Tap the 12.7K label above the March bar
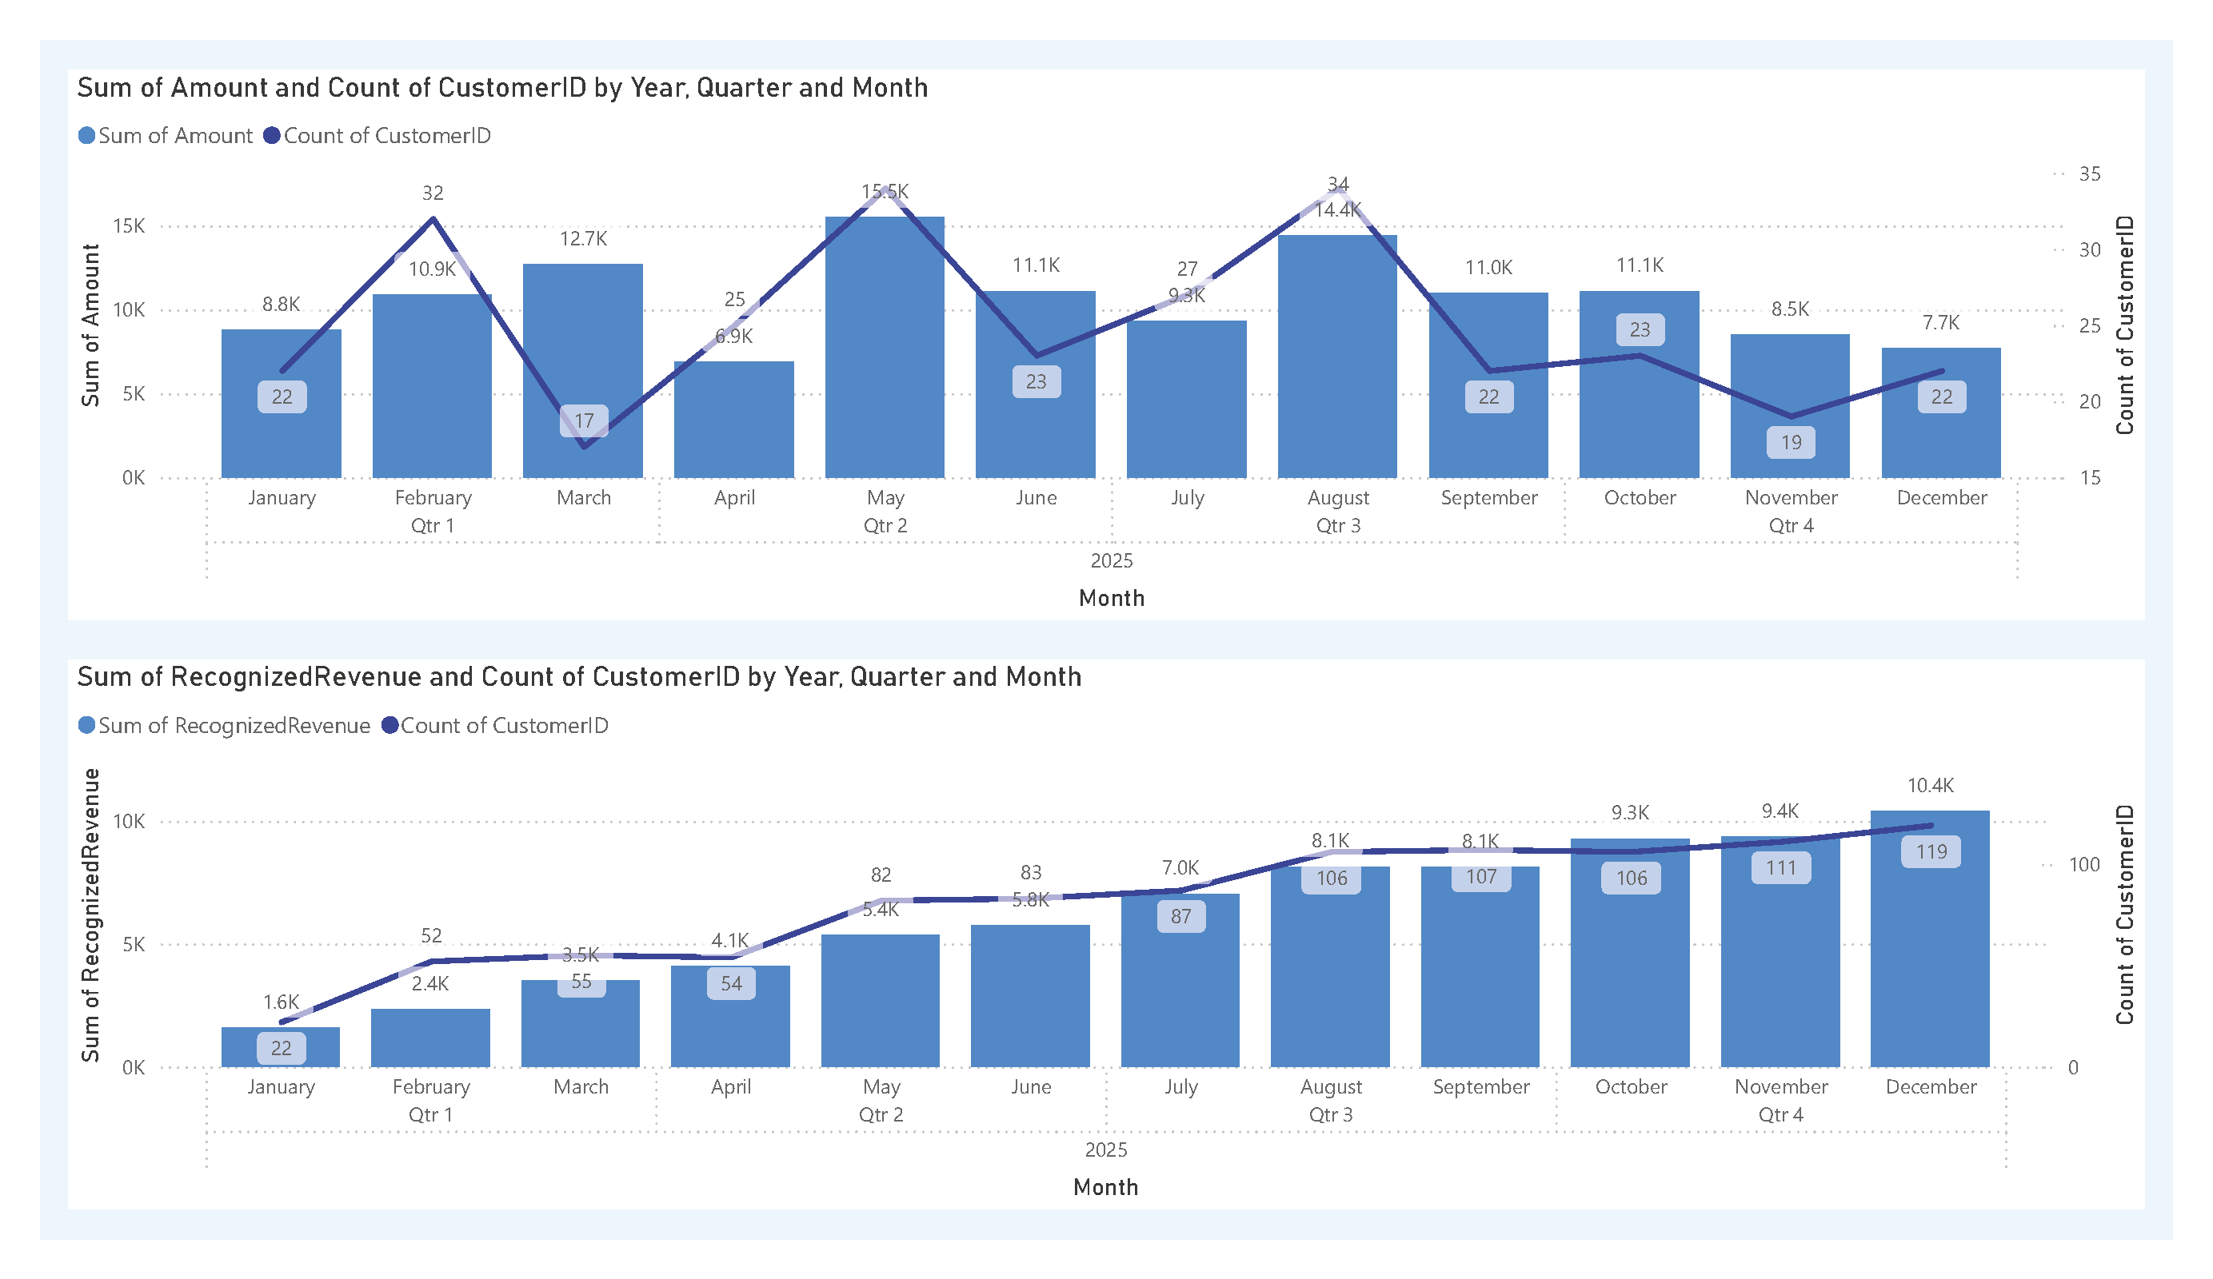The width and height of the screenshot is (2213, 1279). point(583,239)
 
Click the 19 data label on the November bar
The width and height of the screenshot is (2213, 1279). point(1791,442)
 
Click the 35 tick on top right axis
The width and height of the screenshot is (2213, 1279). point(2089,173)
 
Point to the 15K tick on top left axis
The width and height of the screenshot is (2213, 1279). point(129,226)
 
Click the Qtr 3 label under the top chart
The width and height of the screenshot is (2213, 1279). point(1337,526)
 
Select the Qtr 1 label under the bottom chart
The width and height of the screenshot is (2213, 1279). point(430,1115)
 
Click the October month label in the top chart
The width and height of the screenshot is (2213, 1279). point(1640,498)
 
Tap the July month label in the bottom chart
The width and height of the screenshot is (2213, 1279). point(1180,1087)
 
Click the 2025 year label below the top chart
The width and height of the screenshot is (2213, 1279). point(1111,561)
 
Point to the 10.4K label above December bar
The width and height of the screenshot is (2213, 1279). point(1930,786)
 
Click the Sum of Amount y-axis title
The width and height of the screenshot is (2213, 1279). point(90,325)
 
